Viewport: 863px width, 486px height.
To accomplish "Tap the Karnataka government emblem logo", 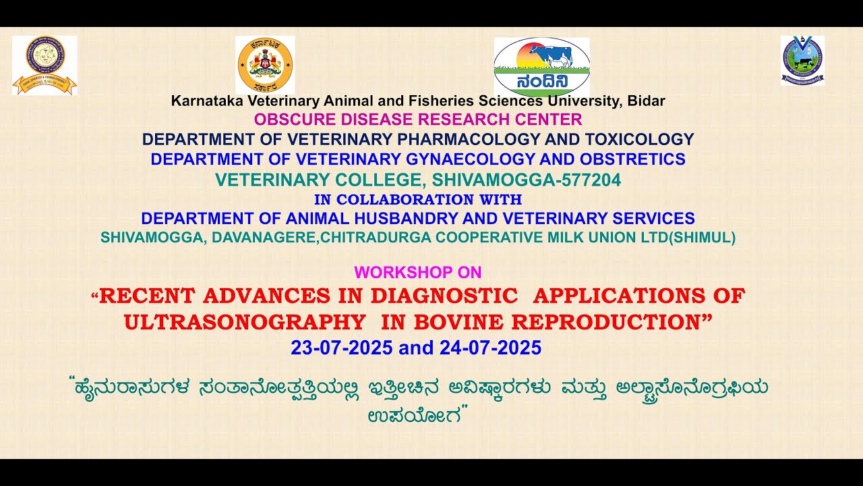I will tap(265, 65).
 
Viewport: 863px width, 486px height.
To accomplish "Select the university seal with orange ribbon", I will tap(44, 65).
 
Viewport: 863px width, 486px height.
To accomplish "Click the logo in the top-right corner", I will tap(802, 60).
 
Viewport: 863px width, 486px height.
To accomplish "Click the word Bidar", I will tap(646, 101).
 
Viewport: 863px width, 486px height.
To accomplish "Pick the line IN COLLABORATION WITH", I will tap(418, 200).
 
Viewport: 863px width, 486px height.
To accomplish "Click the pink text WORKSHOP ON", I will tap(418, 273).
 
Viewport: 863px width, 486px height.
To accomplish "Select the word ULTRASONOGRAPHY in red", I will tap(245, 322).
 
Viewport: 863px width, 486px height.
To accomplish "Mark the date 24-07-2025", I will tap(490, 348).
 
